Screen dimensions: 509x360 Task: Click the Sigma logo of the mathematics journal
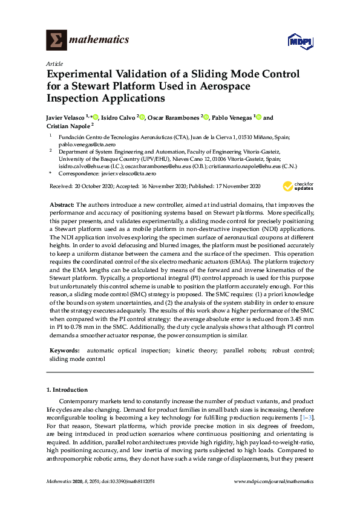[56, 40]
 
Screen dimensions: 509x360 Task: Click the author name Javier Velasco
[67, 118]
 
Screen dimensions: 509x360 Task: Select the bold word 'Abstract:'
[62, 206]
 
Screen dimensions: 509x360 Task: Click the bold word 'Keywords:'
[64, 350]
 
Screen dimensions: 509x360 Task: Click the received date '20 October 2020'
[90, 186]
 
